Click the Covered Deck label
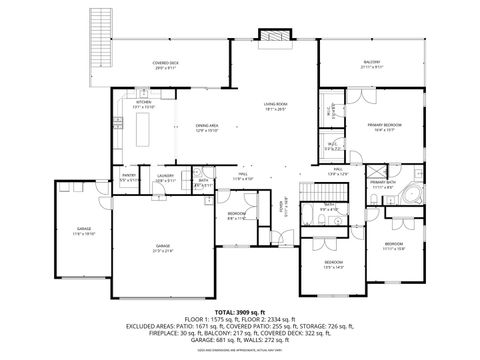click(167, 65)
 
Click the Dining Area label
click(206, 127)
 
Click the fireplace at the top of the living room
click(272, 37)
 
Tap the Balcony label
click(371, 65)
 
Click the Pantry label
click(128, 178)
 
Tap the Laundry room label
click(166, 178)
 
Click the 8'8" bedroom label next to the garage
click(236, 216)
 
